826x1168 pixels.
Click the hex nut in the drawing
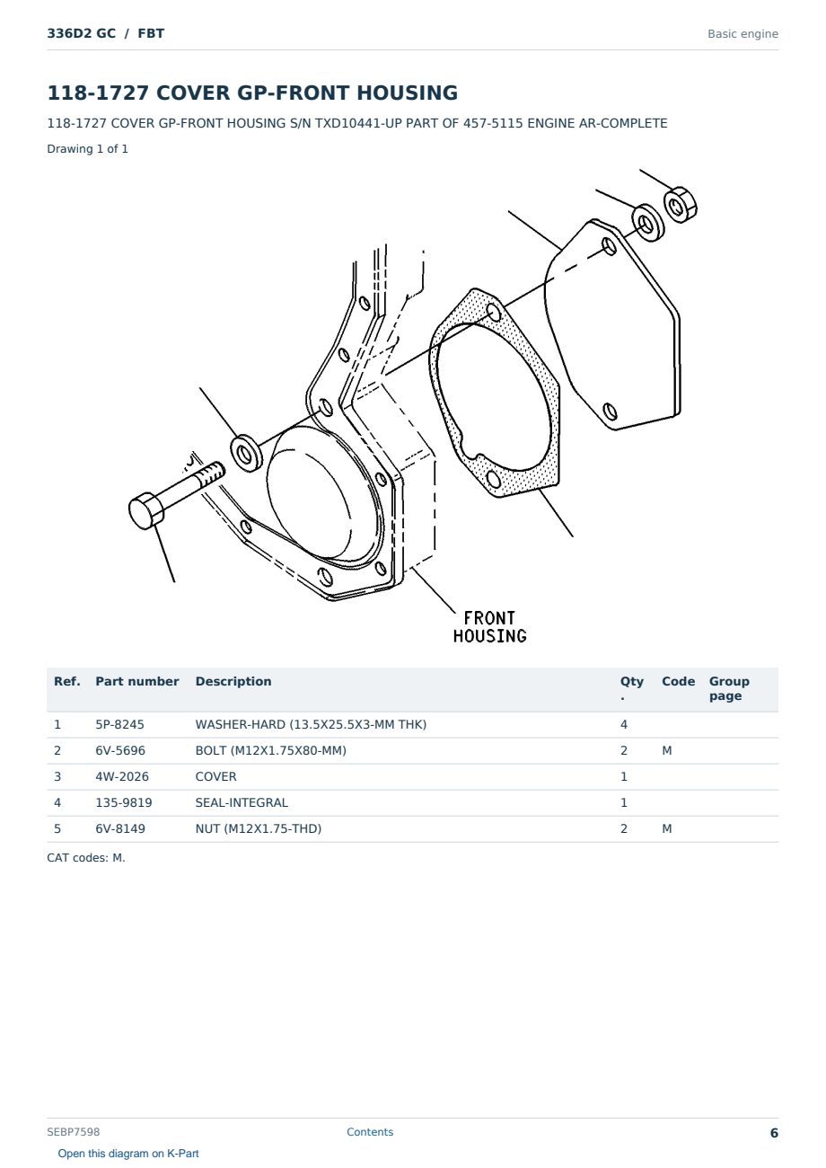(x=680, y=205)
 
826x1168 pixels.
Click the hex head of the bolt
(x=146, y=510)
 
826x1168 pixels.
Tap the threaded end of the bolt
(x=211, y=473)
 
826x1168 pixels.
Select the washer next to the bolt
(x=247, y=453)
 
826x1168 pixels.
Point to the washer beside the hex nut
(x=647, y=223)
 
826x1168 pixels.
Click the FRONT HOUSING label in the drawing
(x=489, y=627)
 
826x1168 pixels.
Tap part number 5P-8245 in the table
(x=119, y=724)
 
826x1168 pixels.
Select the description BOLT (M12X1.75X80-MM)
(x=270, y=750)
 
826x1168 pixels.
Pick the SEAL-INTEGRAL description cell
(x=242, y=802)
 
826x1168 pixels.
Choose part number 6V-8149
(x=120, y=828)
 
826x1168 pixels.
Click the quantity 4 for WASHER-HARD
(x=624, y=724)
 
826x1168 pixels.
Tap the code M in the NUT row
(x=666, y=828)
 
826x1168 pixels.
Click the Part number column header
(x=137, y=681)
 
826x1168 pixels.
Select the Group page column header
(x=729, y=688)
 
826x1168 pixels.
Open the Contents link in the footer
(x=370, y=1131)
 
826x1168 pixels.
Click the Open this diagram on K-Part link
(x=128, y=1153)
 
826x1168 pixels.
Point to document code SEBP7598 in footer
(x=73, y=1131)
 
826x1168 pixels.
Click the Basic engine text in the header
(x=743, y=34)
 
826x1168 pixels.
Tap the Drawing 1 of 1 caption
(x=87, y=148)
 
